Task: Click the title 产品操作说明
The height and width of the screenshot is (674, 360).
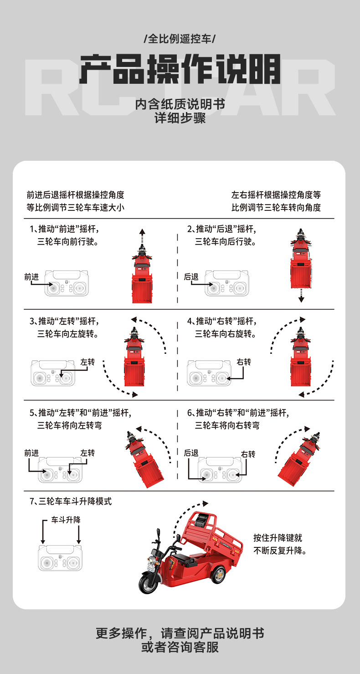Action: [x=180, y=69]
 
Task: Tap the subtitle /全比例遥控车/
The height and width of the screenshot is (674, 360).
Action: [x=180, y=39]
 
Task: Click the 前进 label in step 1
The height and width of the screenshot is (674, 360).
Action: [x=31, y=277]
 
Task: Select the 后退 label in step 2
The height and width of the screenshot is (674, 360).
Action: [x=191, y=277]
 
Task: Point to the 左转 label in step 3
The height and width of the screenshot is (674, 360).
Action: [x=87, y=362]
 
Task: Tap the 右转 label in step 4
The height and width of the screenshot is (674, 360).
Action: [x=244, y=362]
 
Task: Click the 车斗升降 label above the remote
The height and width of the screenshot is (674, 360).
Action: [x=66, y=520]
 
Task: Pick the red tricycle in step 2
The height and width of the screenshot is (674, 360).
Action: [x=301, y=259]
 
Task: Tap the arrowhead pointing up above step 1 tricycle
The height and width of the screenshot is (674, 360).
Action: [x=142, y=232]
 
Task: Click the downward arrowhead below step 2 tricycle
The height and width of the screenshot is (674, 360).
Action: [x=301, y=299]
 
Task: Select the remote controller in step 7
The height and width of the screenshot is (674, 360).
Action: [x=60, y=558]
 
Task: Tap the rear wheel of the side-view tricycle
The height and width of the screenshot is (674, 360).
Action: [x=218, y=575]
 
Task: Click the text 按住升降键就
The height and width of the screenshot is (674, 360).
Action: [x=278, y=538]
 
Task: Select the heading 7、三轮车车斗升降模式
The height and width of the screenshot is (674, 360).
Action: [x=71, y=501]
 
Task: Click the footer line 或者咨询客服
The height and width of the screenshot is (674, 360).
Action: [x=180, y=647]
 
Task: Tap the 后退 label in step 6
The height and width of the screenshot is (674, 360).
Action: [x=191, y=453]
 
